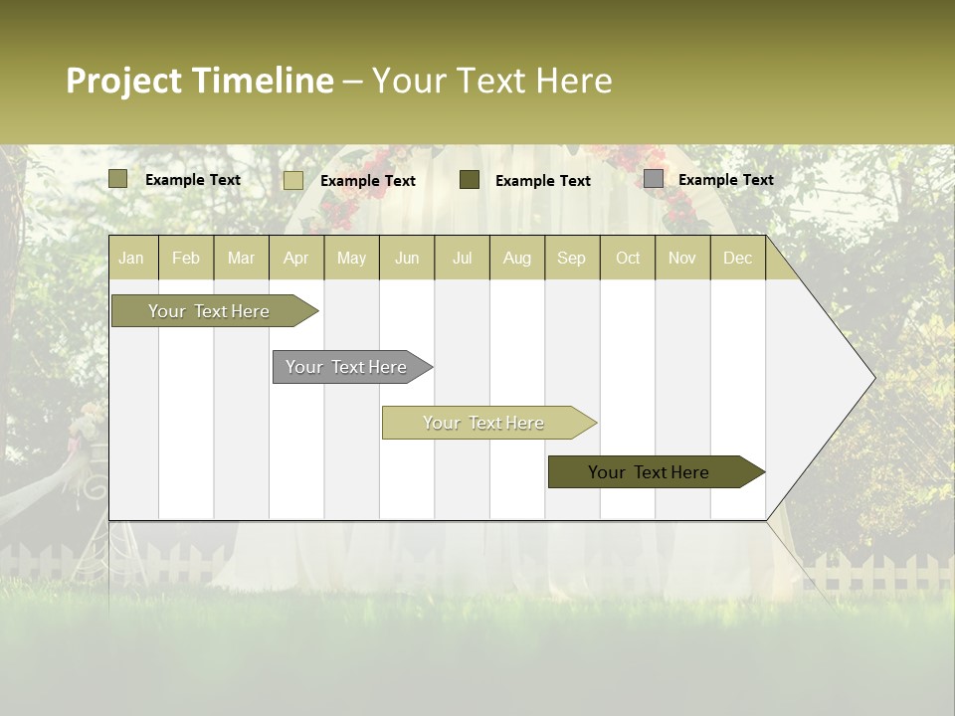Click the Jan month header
(x=132, y=258)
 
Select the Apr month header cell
(x=296, y=258)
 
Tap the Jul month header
(x=462, y=258)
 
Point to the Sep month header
(x=572, y=258)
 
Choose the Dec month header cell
(x=737, y=258)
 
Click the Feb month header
(x=186, y=258)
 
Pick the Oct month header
(x=628, y=258)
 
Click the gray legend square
(x=654, y=179)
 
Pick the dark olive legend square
(x=470, y=180)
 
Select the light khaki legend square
(x=293, y=180)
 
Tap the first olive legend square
(x=118, y=179)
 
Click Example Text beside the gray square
(x=725, y=180)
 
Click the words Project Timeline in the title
(x=199, y=81)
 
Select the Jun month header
(x=407, y=258)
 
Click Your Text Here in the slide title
(x=491, y=81)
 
